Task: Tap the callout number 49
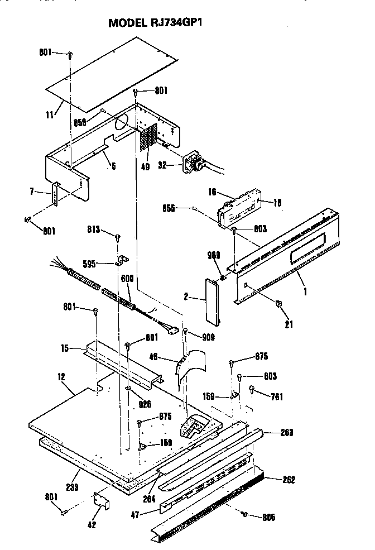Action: point(146,166)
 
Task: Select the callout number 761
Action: point(276,397)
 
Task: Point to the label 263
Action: point(288,432)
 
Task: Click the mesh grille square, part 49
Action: point(147,137)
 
